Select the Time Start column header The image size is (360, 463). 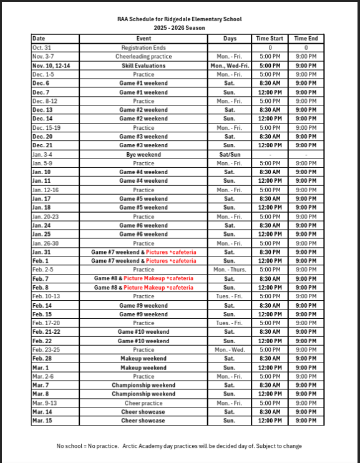coord(269,39)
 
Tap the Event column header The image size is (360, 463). coord(144,39)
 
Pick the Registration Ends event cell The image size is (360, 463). coord(144,47)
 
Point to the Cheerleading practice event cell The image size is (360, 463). coord(144,56)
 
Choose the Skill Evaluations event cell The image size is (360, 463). coord(144,66)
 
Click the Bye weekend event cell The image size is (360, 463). coord(144,154)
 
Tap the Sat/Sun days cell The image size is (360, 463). coord(229,154)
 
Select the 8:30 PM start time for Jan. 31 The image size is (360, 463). coord(269,252)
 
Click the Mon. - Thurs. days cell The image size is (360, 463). coord(229,270)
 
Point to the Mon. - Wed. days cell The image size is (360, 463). coord(229,350)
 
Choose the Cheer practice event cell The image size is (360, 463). coord(144,403)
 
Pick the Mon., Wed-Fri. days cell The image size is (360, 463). coord(229,66)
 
